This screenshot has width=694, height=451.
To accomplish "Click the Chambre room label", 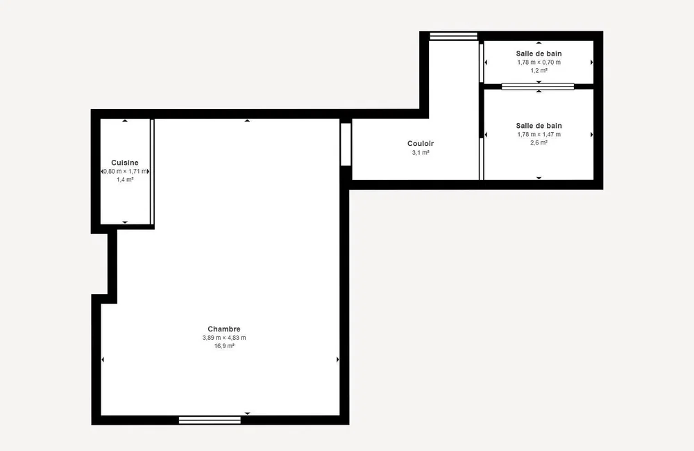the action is click(x=224, y=329).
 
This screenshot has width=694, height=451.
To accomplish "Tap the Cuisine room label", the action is click(x=125, y=163).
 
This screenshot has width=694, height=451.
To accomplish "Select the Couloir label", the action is click(x=421, y=144).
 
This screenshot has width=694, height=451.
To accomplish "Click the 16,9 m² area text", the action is click(x=224, y=346).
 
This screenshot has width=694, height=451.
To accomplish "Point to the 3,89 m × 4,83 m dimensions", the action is click(x=224, y=338).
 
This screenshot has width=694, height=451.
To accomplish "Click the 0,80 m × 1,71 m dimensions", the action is click(x=125, y=172).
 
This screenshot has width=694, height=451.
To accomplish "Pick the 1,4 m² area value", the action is click(x=125, y=179).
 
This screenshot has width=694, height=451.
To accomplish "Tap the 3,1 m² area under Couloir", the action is click(x=421, y=152).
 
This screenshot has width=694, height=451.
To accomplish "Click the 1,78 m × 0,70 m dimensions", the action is click(x=539, y=62).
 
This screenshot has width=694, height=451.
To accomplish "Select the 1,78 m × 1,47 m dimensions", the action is click(x=539, y=134).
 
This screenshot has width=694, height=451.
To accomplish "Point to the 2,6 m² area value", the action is click(x=539, y=142).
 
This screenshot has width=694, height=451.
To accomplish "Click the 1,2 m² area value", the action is click(x=539, y=70).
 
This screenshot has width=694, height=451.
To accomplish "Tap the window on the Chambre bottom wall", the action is click(x=210, y=420).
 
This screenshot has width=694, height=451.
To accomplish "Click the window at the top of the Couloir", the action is click(x=454, y=36).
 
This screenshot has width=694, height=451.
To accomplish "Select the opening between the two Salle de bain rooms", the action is click(x=538, y=86).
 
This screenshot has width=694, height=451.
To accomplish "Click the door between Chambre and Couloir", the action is click(x=346, y=145).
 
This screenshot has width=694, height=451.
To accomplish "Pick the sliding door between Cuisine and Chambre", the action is click(x=152, y=172).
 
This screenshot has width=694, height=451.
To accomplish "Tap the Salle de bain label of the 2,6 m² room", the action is click(x=539, y=126).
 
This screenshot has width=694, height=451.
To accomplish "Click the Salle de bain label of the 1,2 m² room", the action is click(x=539, y=54).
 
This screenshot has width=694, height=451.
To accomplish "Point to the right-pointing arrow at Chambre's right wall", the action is click(x=338, y=360).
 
